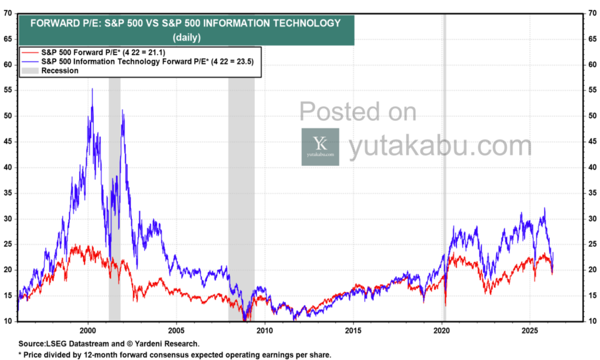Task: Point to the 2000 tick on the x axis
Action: tap(88, 330)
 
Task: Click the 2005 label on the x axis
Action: tap(176, 330)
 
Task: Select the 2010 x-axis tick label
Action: tap(265, 330)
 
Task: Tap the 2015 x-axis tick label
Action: tap(353, 330)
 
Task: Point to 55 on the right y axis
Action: tap(591, 90)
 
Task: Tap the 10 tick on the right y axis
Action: tap(591, 321)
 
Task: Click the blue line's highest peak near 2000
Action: tap(92, 89)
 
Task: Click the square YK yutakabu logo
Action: tap(320, 147)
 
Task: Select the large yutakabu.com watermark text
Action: tap(440, 147)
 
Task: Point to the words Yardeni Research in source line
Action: tap(171, 344)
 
